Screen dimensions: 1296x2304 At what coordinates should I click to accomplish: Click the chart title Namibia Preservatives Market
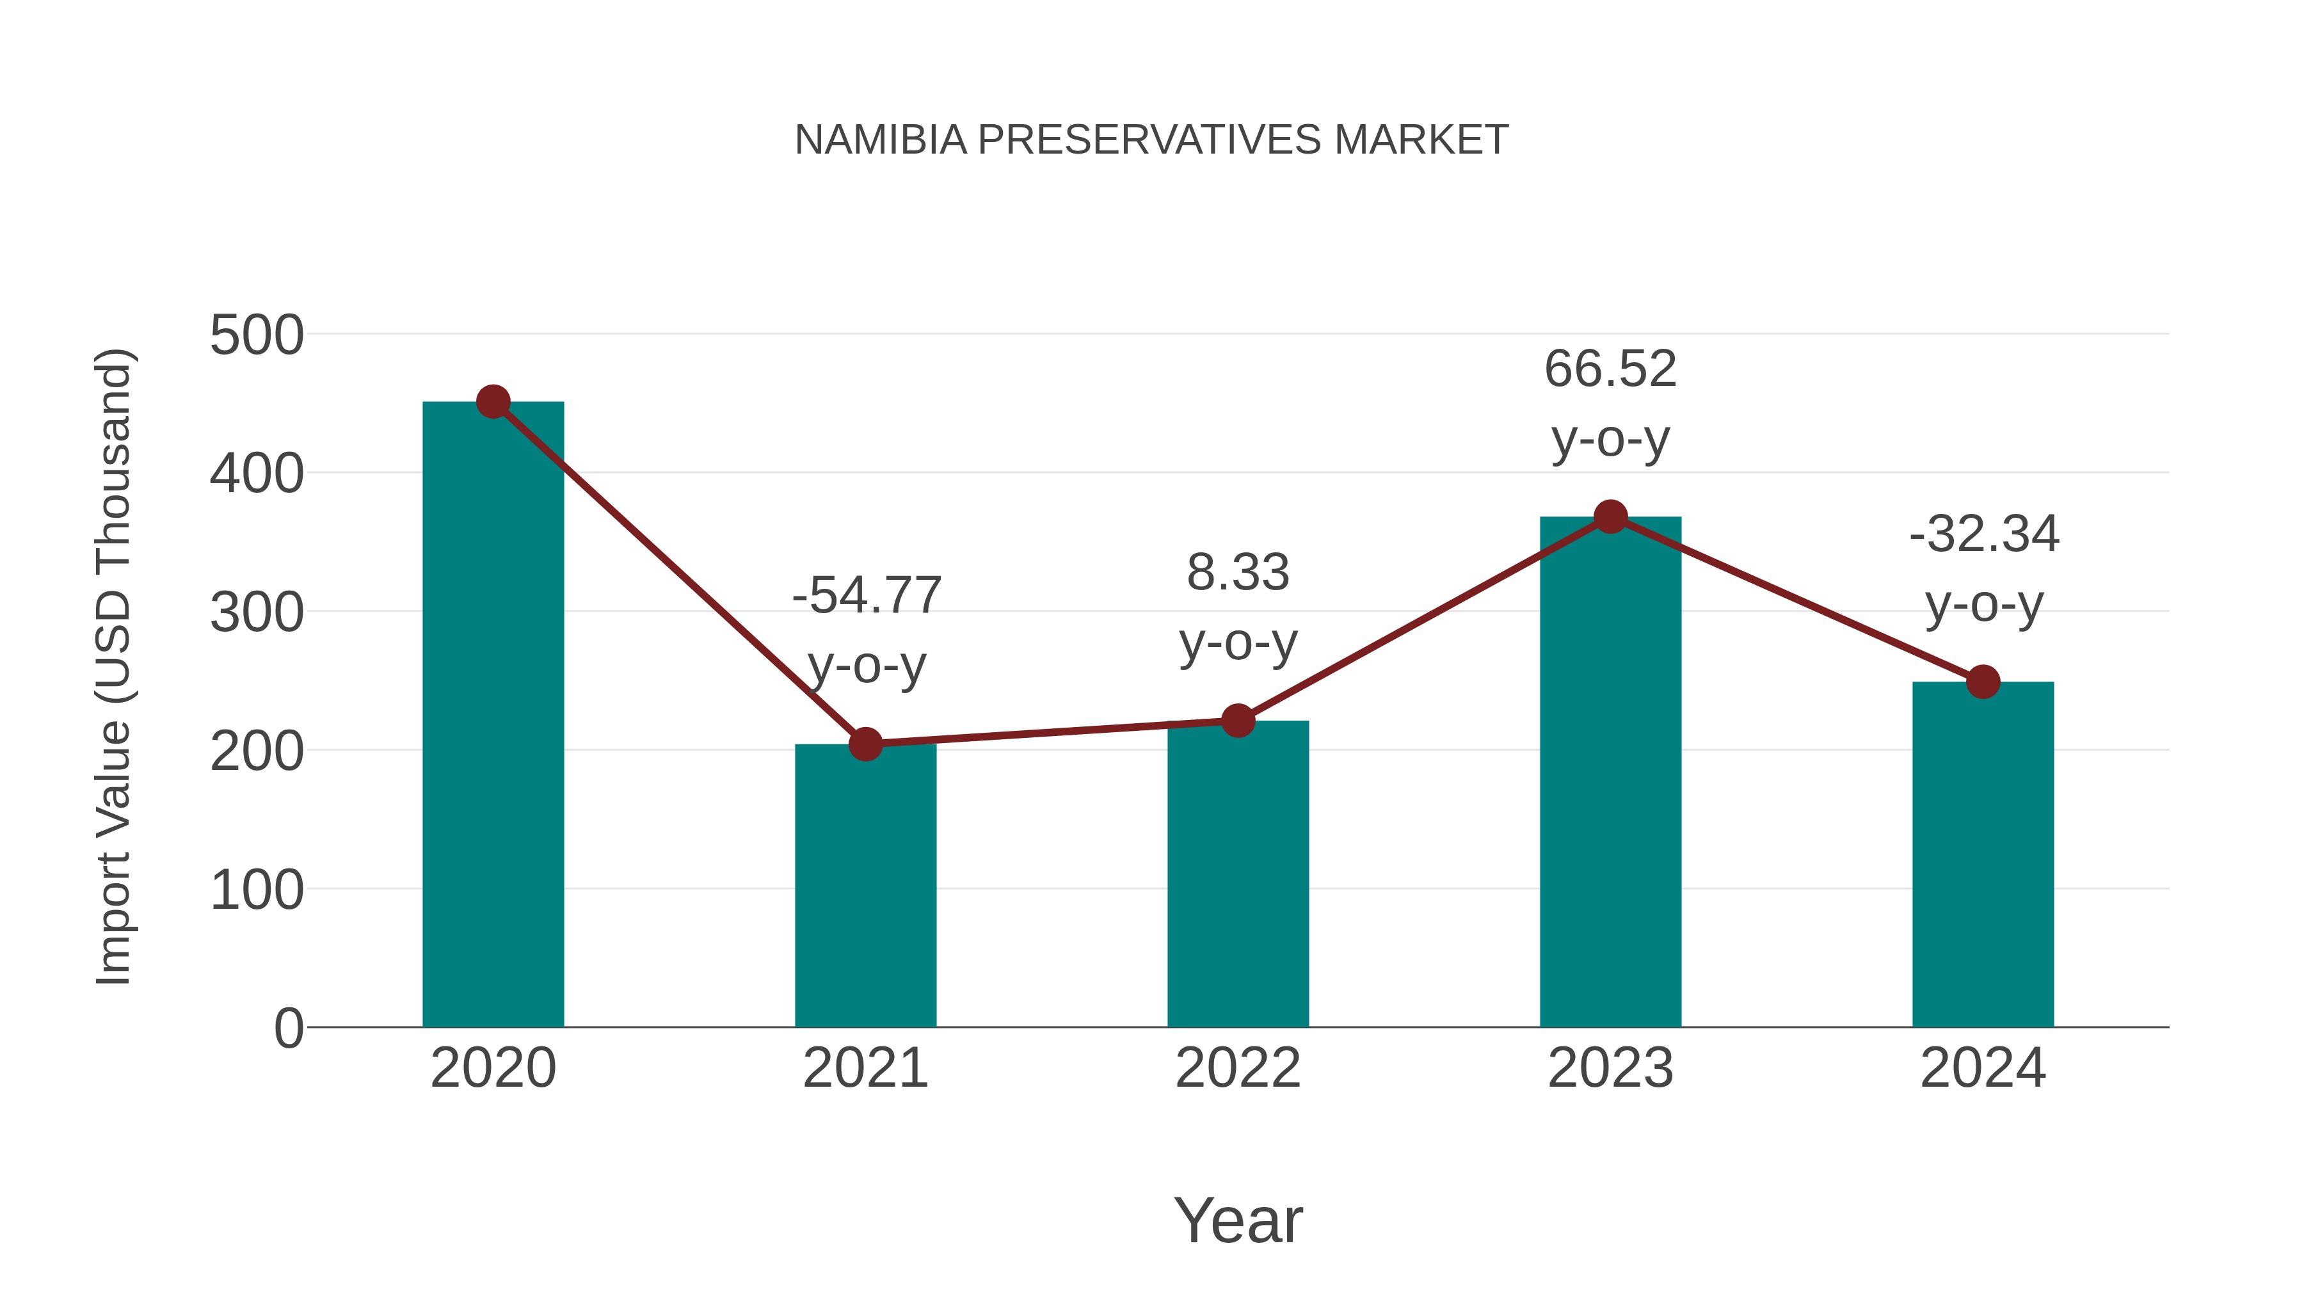[1151, 140]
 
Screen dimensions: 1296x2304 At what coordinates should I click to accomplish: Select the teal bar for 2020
[493, 716]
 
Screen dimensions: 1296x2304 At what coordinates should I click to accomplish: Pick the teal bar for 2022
[1238, 874]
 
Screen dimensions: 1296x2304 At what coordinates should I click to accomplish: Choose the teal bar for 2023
[1610, 772]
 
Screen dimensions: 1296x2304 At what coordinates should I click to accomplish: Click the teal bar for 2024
[1983, 854]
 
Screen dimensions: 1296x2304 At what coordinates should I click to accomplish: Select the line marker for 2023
[1610, 517]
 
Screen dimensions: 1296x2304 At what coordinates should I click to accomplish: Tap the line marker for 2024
[1983, 682]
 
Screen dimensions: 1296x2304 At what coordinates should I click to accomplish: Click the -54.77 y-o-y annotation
[867, 630]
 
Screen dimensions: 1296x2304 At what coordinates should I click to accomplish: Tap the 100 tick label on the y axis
[257, 891]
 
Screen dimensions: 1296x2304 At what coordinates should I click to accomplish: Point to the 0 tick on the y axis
[289, 1028]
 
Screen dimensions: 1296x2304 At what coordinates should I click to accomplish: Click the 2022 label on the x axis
[1238, 1068]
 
